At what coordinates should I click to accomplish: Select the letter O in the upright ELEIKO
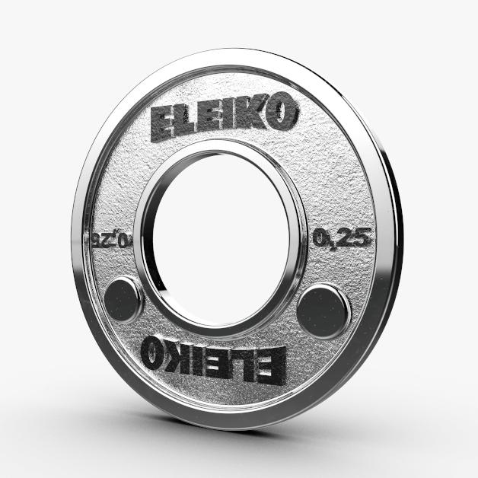point(280,113)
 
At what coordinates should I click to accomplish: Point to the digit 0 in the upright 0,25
point(322,239)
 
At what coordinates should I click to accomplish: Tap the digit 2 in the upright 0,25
point(348,238)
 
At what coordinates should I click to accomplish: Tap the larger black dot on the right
point(323,308)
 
